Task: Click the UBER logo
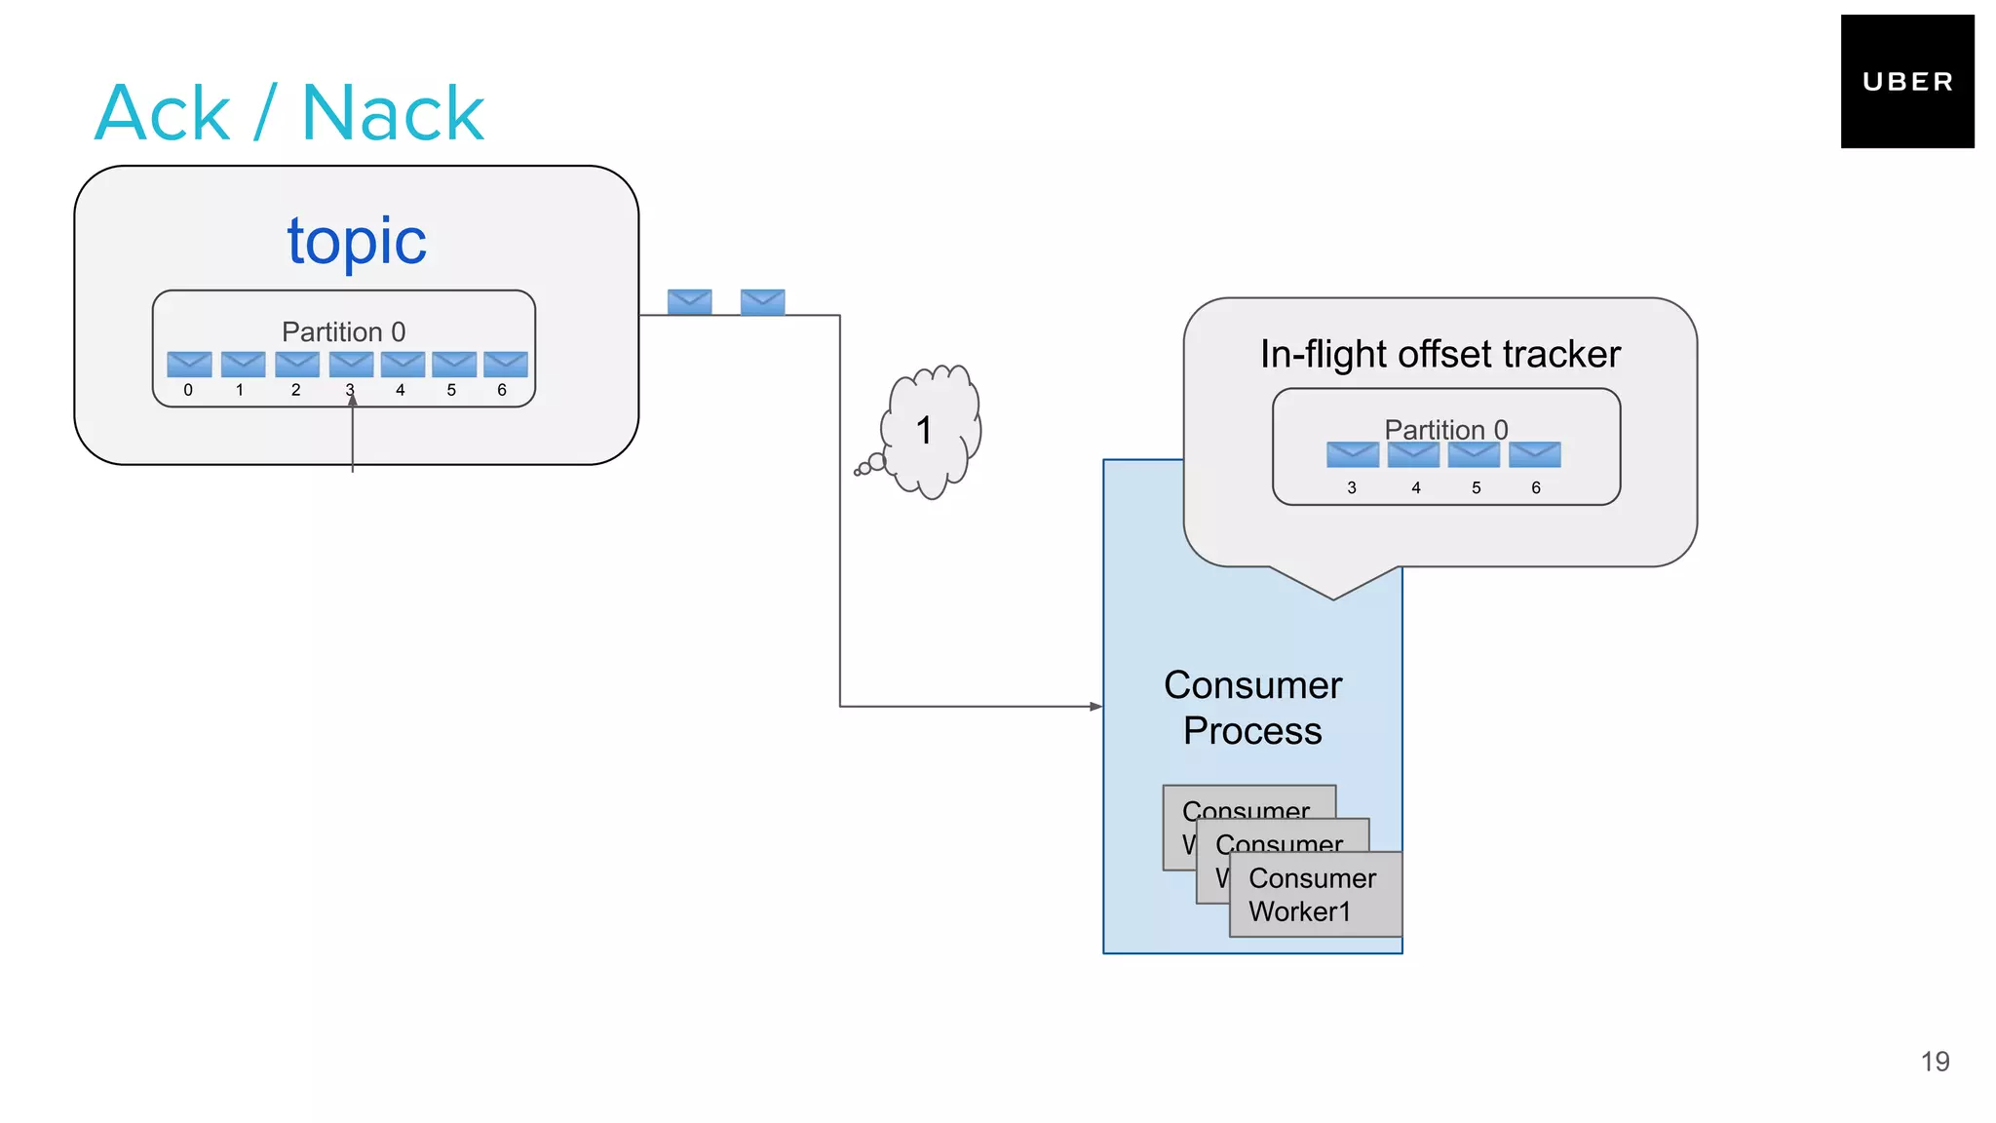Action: pyautogui.click(x=1906, y=82)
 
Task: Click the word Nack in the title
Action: pyautogui.click(x=393, y=114)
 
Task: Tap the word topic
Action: pyautogui.click(x=357, y=241)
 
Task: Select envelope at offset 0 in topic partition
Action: pyautogui.click(x=189, y=364)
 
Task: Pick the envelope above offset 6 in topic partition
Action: pyautogui.click(x=506, y=364)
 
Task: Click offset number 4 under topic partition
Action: pyautogui.click(x=400, y=390)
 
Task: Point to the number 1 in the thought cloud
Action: pyautogui.click(x=924, y=430)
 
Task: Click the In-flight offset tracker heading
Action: pyautogui.click(x=1439, y=354)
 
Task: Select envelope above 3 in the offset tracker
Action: pyautogui.click(x=1353, y=454)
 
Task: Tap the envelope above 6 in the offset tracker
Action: pyautogui.click(x=1535, y=454)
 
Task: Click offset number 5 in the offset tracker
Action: pyautogui.click(x=1476, y=487)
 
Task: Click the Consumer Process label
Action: pyautogui.click(x=1252, y=708)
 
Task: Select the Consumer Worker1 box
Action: pyautogui.click(x=1315, y=895)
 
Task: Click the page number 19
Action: pyautogui.click(x=1935, y=1062)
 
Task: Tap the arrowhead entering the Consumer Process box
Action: pyautogui.click(x=1096, y=706)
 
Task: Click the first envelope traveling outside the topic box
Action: pyautogui.click(x=689, y=301)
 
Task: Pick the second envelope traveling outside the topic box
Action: pyautogui.click(x=762, y=301)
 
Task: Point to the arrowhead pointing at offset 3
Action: pyautogui.click(x=353, y=400)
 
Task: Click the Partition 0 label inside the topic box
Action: pyautogui.click(x=343, y=331)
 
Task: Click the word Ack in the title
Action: pyautogui.click(x=163, y=114)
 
